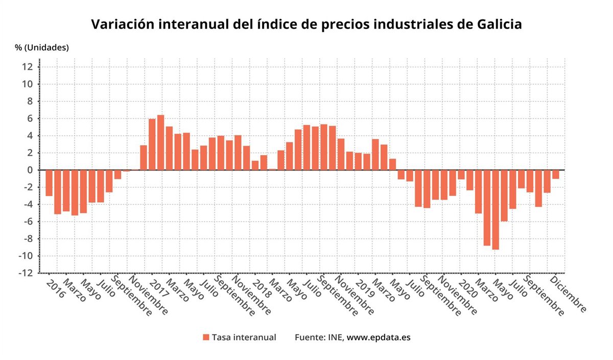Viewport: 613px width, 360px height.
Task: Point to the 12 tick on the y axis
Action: coord(28,67)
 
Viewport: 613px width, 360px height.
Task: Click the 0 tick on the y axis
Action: coord(31,170)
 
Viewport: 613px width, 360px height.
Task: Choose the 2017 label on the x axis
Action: coord(158,287)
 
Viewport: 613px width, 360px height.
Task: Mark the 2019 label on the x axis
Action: coord(364,287)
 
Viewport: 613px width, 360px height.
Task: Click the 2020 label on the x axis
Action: coord(467,287)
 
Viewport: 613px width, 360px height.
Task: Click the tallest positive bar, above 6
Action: coord(160,142)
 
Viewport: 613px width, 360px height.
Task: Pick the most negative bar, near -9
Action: coord(496,209)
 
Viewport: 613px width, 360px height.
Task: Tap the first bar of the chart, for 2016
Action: coord(49,183)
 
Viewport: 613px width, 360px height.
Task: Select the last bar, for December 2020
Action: coord(556,174)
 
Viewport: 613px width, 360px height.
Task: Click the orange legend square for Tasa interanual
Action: coord(206,338)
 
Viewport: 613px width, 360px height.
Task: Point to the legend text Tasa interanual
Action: coord(244,338)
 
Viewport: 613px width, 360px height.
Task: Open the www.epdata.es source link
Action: coord(379,338)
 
